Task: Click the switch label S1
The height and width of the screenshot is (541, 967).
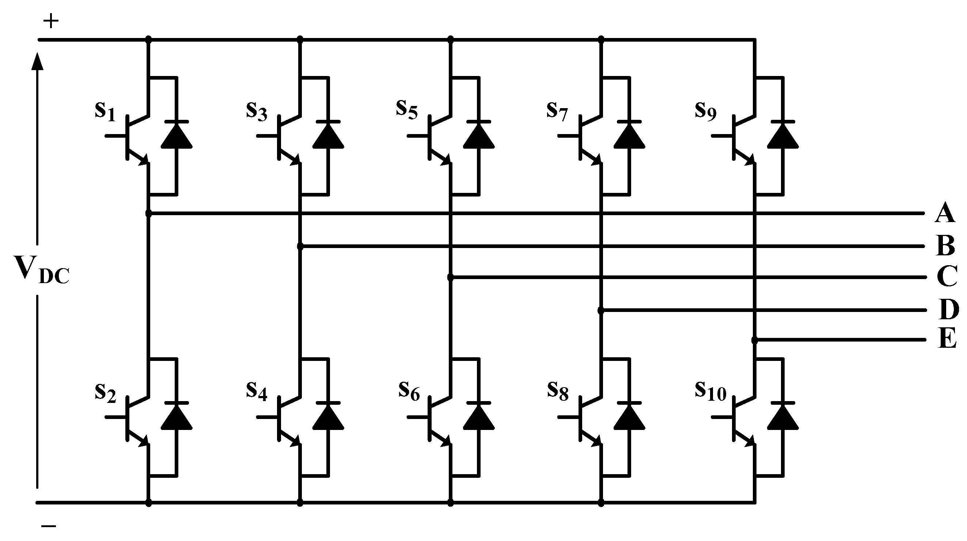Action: pyautogui.click(x=105, y=111)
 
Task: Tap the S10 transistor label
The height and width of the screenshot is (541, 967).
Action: pyautogui.click(x=710, y=391)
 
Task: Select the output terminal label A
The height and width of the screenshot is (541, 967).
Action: pyautogui.click(x=944, y=213)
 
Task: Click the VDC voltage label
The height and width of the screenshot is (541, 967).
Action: pyautogui.click(x=41, y=269)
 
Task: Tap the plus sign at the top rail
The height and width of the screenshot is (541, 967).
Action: pyautogui.click(x=51, y=22)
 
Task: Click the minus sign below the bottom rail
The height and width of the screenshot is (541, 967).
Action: pyautogui.click(x=49, y=526)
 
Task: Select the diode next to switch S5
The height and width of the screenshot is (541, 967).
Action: pyautogui.click(x=479, y=136)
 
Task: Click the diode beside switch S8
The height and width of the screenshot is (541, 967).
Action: pyautogui.click(x=629, y=416)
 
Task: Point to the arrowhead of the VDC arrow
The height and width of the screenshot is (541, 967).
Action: pyautogui.click(x=37, y=61)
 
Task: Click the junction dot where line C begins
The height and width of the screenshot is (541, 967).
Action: pyautogui.click(x=451, y=277)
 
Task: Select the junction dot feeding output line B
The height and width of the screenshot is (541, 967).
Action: pyautogui.click(x=300, y=247)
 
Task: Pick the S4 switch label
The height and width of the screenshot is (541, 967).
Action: pyautogui.click(x=257, y=391)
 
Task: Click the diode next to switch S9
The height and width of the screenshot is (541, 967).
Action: pyautogui.click(x=783, y=136)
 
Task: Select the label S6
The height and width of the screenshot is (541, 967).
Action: pyautogui.click(x=409, y=391)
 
